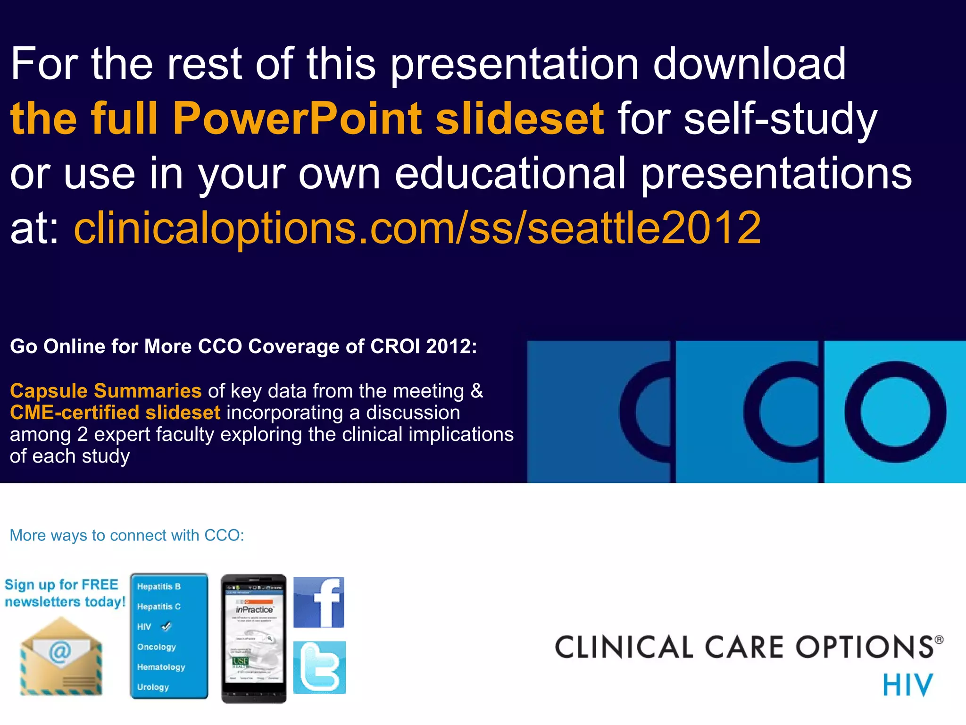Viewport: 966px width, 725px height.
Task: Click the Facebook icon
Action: [x=319, y=602]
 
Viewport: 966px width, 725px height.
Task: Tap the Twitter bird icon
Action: [x=319, y=667]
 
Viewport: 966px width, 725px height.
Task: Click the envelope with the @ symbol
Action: [x=60, y=657]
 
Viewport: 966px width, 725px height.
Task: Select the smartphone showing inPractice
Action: [x=254, y=638]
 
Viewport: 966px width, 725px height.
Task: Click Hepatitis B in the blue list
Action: [x=159, y=587]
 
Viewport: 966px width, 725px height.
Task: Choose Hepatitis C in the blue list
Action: [x=159, y=607]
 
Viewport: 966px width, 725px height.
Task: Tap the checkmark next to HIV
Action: [x=166, y=627]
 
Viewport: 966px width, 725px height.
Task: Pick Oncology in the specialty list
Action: [x=157, y=647]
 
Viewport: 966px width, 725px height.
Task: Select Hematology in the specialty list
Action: [x=161, y=667]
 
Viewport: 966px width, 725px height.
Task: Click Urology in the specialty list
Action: [x=153, y=688]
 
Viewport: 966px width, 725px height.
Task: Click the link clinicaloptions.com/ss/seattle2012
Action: [x=417, y=228]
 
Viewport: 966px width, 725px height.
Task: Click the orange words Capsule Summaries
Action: [x=106, y=391]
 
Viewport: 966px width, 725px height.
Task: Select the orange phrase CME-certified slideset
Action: [x=115, y=413]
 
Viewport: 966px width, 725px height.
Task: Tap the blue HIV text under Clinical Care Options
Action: [x=908, y=685]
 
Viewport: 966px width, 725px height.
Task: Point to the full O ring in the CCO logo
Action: [x=895, y=412]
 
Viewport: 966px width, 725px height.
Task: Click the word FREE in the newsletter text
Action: [x=100, y=585]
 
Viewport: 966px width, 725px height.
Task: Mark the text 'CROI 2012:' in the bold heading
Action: [x=424, y=346]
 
